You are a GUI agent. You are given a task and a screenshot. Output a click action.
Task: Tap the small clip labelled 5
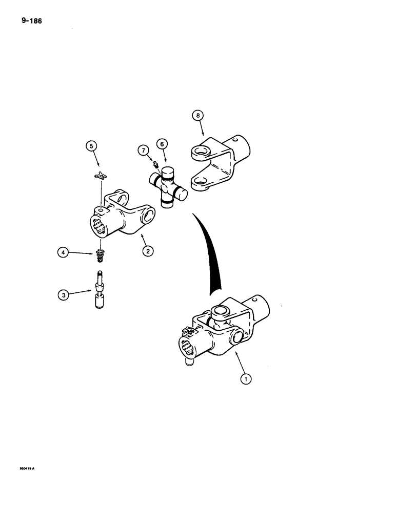(x=101, y=176)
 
